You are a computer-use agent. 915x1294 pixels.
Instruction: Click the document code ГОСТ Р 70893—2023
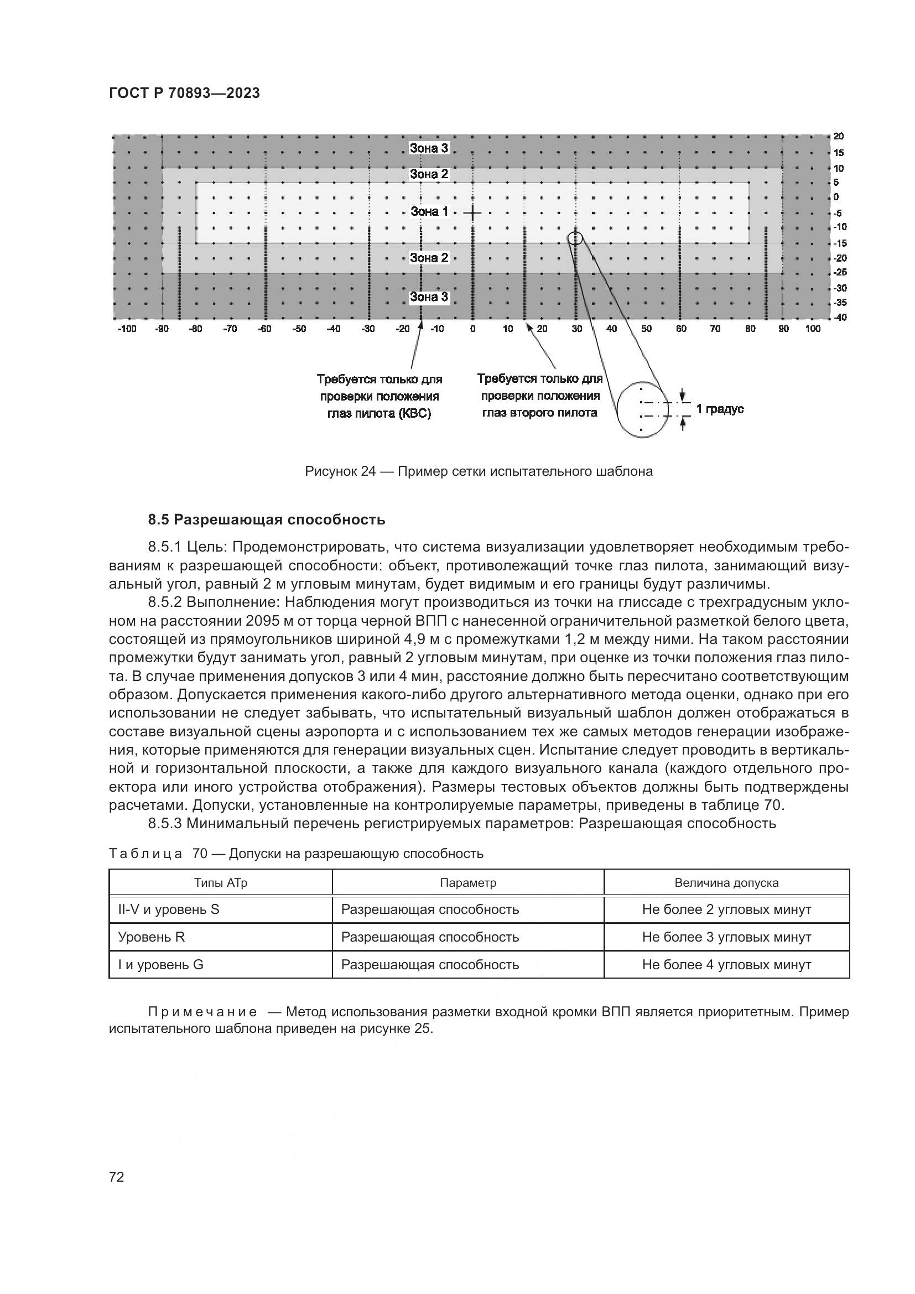tap(184, 93)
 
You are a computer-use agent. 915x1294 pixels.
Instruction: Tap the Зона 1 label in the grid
tap(429, 212)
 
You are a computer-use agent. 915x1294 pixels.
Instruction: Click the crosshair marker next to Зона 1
tap(472, 213)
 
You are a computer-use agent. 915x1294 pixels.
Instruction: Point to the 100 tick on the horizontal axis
tap(813, 329)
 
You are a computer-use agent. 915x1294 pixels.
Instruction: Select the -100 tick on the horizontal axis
tap(127, 329)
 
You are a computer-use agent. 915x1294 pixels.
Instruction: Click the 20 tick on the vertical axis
tap(838, 137)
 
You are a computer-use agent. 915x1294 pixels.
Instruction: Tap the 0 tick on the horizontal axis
tap(472, 329)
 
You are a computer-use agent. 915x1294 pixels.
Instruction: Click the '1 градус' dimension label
tap(720, 409)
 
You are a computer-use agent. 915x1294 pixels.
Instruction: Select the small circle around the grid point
tap(575, 238)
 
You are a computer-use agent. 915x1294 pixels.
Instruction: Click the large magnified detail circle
tap(642, 410)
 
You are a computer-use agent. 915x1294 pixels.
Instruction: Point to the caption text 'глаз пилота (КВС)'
tap(379, 414)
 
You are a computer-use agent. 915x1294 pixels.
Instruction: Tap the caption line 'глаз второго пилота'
tap(539, 413)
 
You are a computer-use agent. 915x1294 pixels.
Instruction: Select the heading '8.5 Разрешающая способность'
tap(267, 519)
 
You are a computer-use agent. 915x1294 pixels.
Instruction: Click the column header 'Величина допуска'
tap(726, 882)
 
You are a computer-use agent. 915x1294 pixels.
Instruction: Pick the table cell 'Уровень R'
tap(152, 937)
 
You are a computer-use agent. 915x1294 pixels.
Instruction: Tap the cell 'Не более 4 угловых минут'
tap(726, 964)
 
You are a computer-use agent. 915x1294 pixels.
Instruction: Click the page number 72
tap(117, 1177)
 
